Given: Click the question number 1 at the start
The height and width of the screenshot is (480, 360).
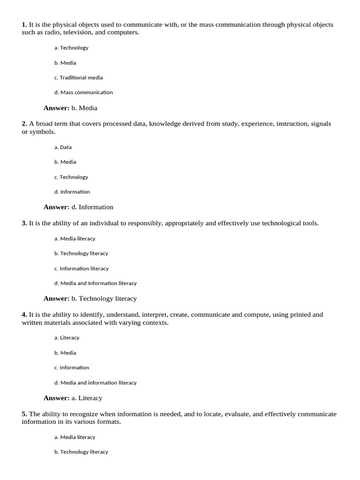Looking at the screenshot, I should [x=24, y=25].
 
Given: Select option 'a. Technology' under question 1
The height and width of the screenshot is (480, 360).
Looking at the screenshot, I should [x=71, y=48].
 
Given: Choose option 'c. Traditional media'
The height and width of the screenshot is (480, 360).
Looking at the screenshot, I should [x=78, y=78].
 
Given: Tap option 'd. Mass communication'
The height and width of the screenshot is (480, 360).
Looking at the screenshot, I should [x=83, y=92].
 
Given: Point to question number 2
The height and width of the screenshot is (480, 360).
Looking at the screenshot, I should [x=24, y=124].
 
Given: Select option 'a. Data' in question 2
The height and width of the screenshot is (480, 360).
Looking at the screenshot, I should [x=63, y=147].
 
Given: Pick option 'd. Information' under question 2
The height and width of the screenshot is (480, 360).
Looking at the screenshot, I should [x=72, y=192].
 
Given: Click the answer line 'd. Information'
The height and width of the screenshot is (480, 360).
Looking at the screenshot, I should [x=92, y=207].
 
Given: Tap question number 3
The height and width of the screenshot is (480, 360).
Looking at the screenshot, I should [x=24, y=224].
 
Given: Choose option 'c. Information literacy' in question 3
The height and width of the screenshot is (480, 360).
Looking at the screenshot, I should [x=81, y=269].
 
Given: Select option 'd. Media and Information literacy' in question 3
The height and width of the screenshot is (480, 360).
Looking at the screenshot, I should [x=95, y=283].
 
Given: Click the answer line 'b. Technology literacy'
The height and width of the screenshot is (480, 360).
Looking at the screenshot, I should [x=104, y=299].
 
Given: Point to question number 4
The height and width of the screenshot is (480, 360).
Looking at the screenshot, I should [x=24, y=315].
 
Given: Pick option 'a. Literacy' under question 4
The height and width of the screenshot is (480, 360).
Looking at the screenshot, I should [x=67, y=338].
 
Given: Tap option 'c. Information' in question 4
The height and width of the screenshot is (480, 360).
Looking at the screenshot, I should [x=71, y=368].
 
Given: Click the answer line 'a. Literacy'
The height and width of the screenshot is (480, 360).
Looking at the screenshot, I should [x=86, y=398].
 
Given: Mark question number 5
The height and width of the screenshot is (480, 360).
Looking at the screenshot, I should [x=24, y=414].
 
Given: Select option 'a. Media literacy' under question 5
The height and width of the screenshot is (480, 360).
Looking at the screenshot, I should [x=75, y=437].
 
